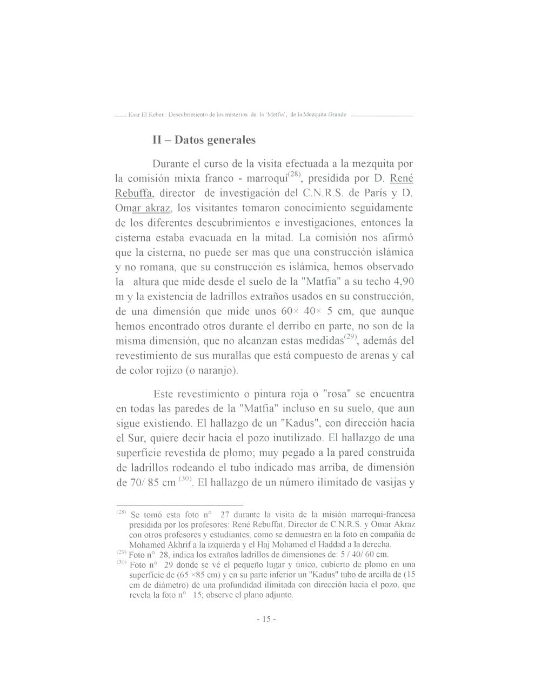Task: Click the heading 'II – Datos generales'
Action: click(x=204, y=140)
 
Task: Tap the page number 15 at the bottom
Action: click(x=266, y=619)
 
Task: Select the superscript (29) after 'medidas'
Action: click(x=351, y=337)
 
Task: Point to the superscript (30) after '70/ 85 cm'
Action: click(x=185, y=478)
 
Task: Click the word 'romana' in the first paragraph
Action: click(x=151, y=267)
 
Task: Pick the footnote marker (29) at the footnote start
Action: click(x=122, y=554)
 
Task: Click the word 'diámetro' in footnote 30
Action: click(x=162, y=585)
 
